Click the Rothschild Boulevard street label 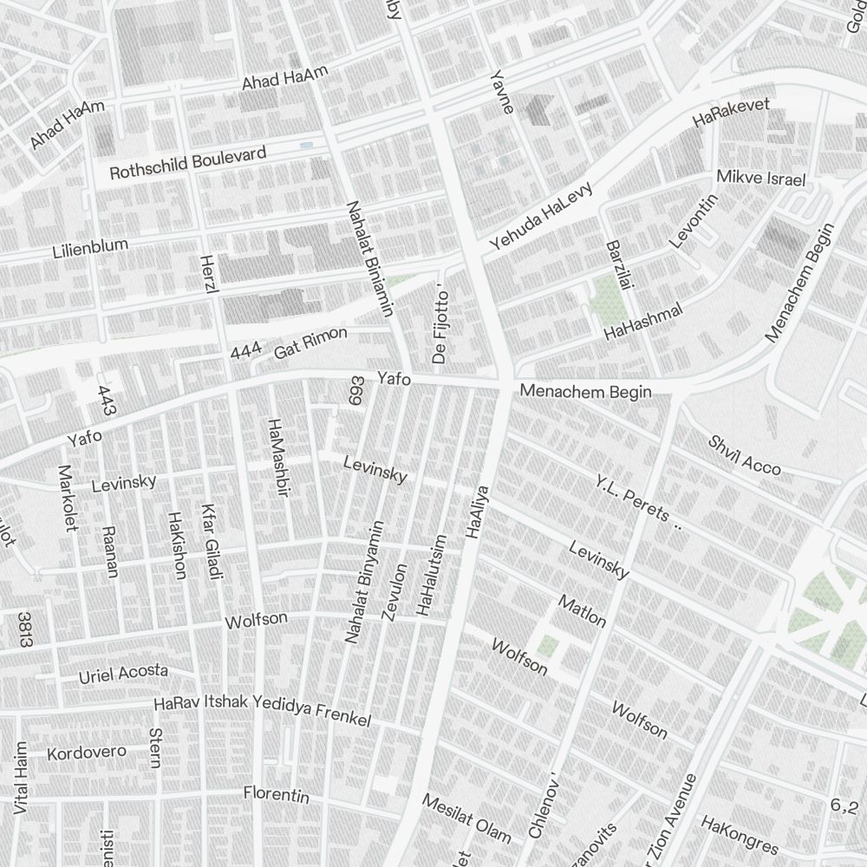pos(187,164)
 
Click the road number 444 pos(246,351)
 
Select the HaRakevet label pos(732,114)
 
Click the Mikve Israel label pos(761,179)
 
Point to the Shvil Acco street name pos(744,455)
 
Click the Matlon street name pos(582,611)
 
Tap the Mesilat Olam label pos(466,818)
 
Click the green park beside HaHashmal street pos(610,300)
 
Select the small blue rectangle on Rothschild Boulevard pos(306,145)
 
